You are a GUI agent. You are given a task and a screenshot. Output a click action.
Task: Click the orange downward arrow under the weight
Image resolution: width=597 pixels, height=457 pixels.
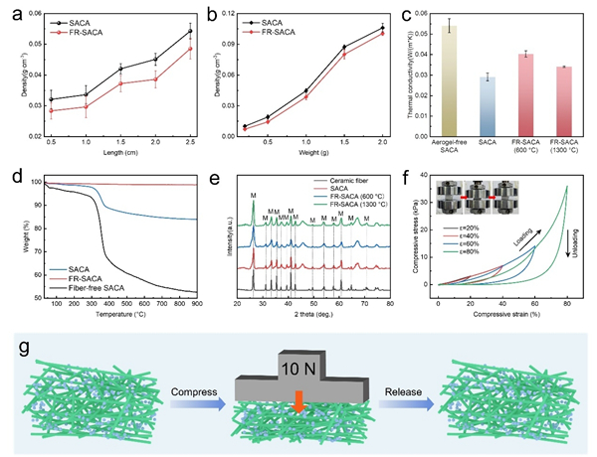298,398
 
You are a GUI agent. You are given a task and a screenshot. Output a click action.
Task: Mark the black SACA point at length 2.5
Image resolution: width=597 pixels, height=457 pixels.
190,31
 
